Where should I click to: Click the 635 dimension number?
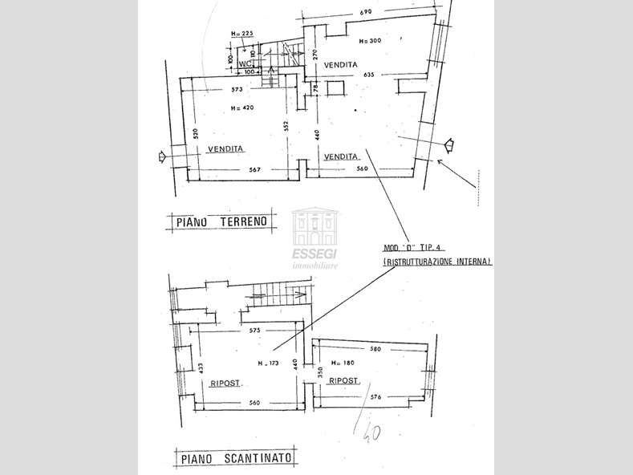(369, 75)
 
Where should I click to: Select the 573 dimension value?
(236, 89)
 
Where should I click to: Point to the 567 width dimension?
(255, 169)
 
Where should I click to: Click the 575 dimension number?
(255, 330)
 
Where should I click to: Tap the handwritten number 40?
(371, 432)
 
